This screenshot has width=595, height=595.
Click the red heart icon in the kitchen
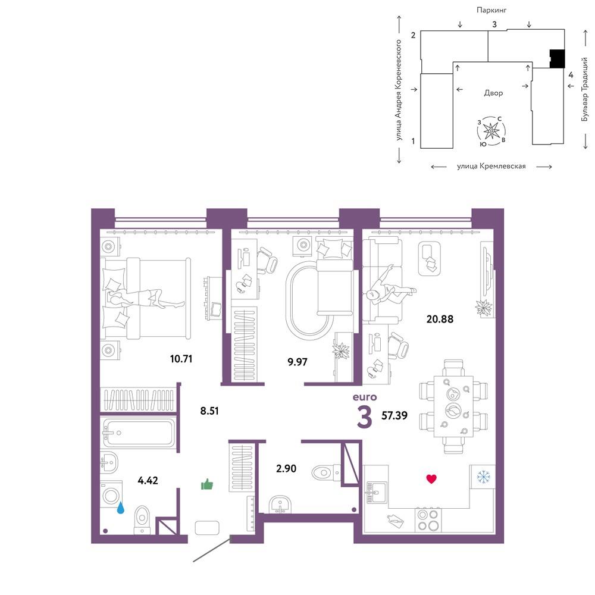click(431, 479)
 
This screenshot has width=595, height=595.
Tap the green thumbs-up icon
click(207, 484)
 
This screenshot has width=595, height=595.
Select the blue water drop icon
click(121, 508)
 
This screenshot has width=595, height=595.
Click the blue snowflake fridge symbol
click(483, 477)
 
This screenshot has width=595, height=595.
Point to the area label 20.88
click(440, 319)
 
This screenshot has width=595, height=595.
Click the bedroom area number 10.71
click(181, 359)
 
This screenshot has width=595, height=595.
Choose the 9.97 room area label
click(297, 362)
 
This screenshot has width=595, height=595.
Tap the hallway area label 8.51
click(209, 411)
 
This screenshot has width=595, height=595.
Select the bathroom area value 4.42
click(148, 480)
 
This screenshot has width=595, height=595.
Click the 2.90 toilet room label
click(286, 469)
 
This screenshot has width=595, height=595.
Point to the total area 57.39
click(394, 415)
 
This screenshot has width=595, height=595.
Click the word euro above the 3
click(365, 397)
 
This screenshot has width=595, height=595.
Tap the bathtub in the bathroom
click(139, 433)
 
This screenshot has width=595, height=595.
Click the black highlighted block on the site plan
click(558, 59)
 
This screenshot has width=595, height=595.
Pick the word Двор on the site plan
click(493, 93)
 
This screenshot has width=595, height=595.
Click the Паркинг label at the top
click(491, 10)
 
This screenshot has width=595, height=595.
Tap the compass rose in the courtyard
click(491, 131)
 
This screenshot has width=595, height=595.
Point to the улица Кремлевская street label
click(491, 166)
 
